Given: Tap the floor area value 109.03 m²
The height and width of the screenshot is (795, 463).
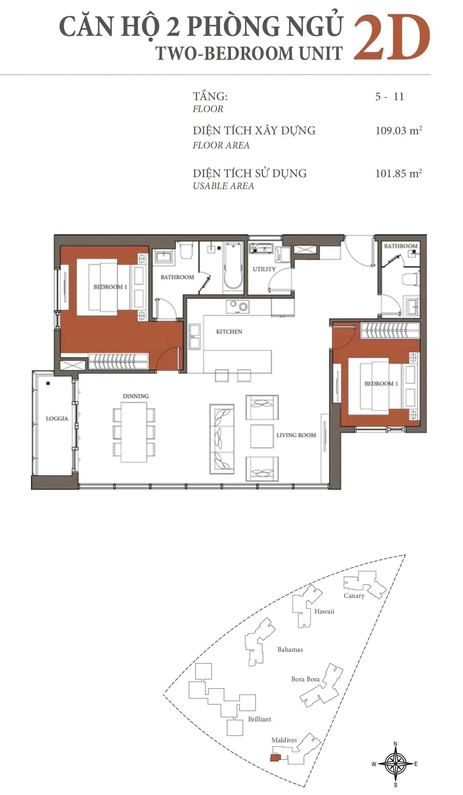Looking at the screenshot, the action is [x=399, y=130].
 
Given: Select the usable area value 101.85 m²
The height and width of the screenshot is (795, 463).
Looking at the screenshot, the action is [x=399, y=173].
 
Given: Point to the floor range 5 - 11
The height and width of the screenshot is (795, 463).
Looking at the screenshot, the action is [x=389, y=97].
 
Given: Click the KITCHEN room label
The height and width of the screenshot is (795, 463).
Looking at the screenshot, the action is [x=229, y=332].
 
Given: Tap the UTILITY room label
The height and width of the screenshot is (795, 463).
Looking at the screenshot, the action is [x=264, y=269].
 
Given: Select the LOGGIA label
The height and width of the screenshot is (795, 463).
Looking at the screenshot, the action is [x=57, y=419].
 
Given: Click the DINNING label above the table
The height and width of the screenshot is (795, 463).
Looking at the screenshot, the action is [x=136, y=396].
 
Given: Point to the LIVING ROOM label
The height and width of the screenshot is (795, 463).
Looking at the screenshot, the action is [x=296, y=435].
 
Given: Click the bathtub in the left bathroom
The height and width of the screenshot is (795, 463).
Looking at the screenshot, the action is [x=233, y=267].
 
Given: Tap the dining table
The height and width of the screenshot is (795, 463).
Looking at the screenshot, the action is [x=134, y=433].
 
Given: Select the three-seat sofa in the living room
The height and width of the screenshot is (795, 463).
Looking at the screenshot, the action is [x=222, y=439].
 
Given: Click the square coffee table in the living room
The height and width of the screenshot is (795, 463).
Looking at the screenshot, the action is [x=262, y=436].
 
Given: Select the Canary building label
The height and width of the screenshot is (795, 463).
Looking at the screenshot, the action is [x=354, y=596].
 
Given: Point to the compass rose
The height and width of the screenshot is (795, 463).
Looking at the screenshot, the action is [x=396, y=764].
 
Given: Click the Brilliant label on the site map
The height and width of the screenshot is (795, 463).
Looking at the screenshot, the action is [x=259, y=719].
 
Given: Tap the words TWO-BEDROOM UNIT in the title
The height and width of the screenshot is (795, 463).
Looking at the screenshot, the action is [x=249, y=53].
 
